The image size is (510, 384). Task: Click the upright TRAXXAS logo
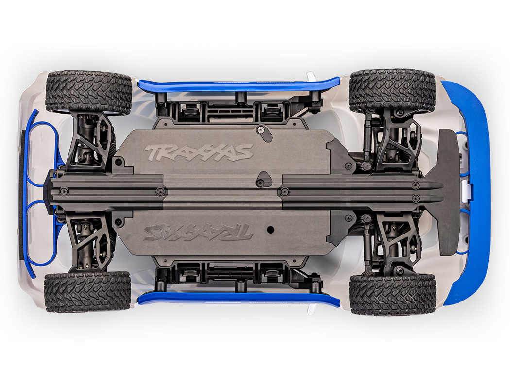(x=199, y=152)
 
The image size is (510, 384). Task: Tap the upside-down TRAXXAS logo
(x=198, y=232)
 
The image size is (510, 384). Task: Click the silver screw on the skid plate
(x=261, y=131)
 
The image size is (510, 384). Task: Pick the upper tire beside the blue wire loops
(x=88, y=92)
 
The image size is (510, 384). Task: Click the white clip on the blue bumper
(x=465, y=191)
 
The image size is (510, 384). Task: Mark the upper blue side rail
(x=238, y=85)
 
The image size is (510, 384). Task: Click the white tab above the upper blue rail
(x=311, y=76)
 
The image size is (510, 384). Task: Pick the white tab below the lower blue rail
(x=311, y=309)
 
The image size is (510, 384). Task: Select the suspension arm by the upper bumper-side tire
(x=396, y=140)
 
